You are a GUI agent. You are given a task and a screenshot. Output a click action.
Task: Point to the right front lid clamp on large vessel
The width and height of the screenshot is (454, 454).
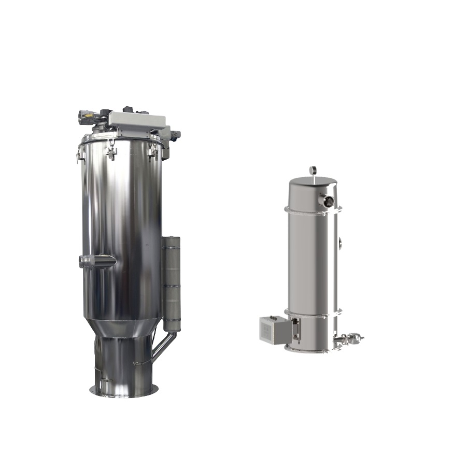pos(152,150)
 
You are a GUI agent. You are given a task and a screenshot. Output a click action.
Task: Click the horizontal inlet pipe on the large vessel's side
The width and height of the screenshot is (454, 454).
pos(96,261)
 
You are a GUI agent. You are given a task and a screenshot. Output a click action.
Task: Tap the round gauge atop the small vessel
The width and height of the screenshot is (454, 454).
pos(314,169)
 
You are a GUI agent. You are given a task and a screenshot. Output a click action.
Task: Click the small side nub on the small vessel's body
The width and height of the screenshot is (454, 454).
pos(339,242)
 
